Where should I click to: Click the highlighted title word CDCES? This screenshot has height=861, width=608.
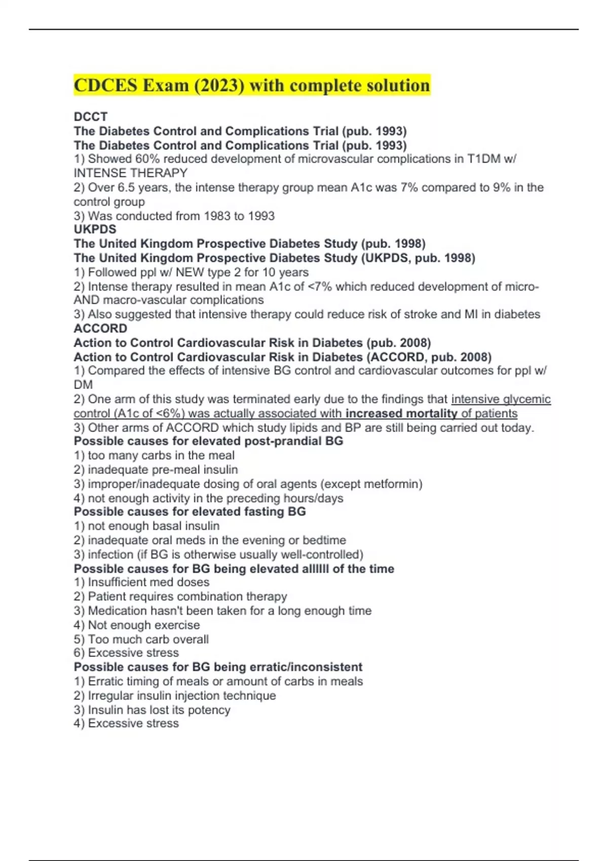[x=105, y=85]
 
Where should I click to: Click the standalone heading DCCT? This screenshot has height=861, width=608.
[x=90, y=116]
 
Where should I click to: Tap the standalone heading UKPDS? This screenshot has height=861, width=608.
[x=95, y=229]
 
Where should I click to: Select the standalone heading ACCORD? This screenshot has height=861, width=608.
[x=100, y=329]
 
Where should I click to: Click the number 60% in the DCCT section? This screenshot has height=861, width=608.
[x=147, y=159]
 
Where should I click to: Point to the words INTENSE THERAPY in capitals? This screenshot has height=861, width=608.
[x=130, y=173]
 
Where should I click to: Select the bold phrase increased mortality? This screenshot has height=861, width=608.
[x=401, y=413]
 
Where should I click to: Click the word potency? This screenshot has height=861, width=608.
[x=209, y=710]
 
